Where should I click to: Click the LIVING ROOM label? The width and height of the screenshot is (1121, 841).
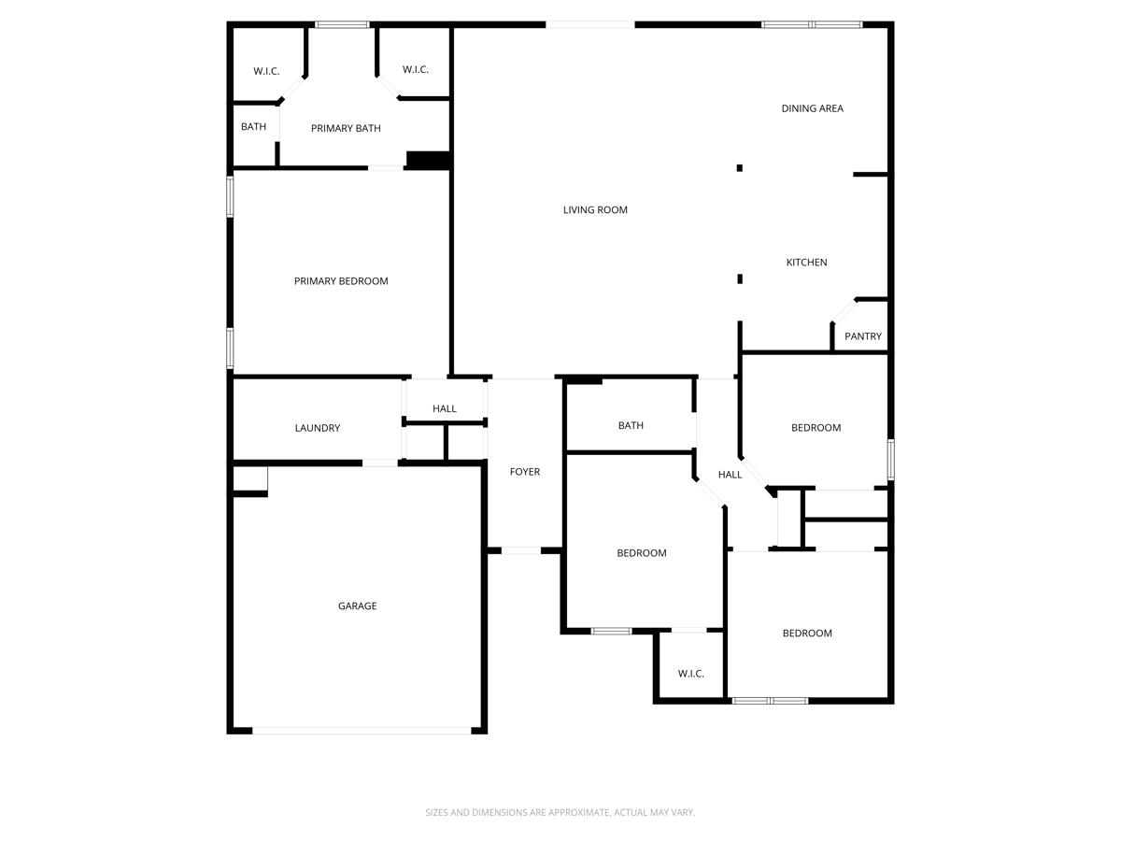pos(595,210)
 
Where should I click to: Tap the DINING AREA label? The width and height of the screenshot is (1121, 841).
pos(812,108)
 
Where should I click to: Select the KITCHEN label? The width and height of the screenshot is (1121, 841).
pos(806,263)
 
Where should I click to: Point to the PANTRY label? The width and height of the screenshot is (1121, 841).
pos(862,336)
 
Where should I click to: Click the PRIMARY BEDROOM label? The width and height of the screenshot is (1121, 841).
pos(341,281)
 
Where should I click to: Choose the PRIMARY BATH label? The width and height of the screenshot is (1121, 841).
pos(346,128)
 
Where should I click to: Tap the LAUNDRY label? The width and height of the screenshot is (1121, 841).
pos(318,428)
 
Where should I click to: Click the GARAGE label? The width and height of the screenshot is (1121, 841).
pos(357,606)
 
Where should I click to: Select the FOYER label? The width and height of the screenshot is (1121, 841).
pos(524,472)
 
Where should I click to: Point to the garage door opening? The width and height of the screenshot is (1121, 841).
pos(362,731)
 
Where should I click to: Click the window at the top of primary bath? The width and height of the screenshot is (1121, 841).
pos(342,24)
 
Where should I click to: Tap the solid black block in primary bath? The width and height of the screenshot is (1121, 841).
pos(429,161)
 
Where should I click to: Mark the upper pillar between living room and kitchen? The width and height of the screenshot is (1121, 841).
pos(739,168)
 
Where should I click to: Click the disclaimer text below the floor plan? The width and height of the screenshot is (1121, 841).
pos(560,813)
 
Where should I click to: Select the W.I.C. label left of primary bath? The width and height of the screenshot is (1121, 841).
pos(266,71)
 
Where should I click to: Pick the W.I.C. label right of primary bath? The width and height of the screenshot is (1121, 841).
pos(416,70)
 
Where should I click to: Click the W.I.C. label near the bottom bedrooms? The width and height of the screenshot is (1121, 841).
pos(690,674)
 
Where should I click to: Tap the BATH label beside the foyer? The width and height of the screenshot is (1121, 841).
pos(631,426)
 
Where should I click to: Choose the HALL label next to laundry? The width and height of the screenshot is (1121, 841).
pos(445,409)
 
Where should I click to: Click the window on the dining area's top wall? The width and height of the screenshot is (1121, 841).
pos(812,24)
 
